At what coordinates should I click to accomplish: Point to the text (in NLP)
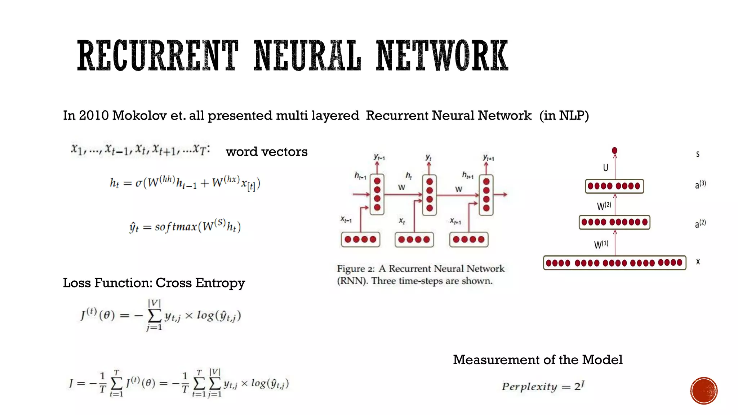point(564,116)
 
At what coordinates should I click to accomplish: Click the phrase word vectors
point(267,152)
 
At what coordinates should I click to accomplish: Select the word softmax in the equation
point(176,227)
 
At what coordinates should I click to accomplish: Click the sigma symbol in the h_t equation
point(139,183)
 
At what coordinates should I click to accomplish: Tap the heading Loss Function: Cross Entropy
point(154,283)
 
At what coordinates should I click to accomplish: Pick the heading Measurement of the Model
point(538,360)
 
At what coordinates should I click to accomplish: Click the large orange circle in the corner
point(704,391)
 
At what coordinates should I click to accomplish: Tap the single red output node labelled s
point(615,151)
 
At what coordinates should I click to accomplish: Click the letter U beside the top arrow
point(605,168)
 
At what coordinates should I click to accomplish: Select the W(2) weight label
point(604,206)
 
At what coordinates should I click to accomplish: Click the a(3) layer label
point(700,185)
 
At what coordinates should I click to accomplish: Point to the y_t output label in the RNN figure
point(428,157)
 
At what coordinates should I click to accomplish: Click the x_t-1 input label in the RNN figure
point(346,219)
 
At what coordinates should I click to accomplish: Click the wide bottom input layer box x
point(614,263)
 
